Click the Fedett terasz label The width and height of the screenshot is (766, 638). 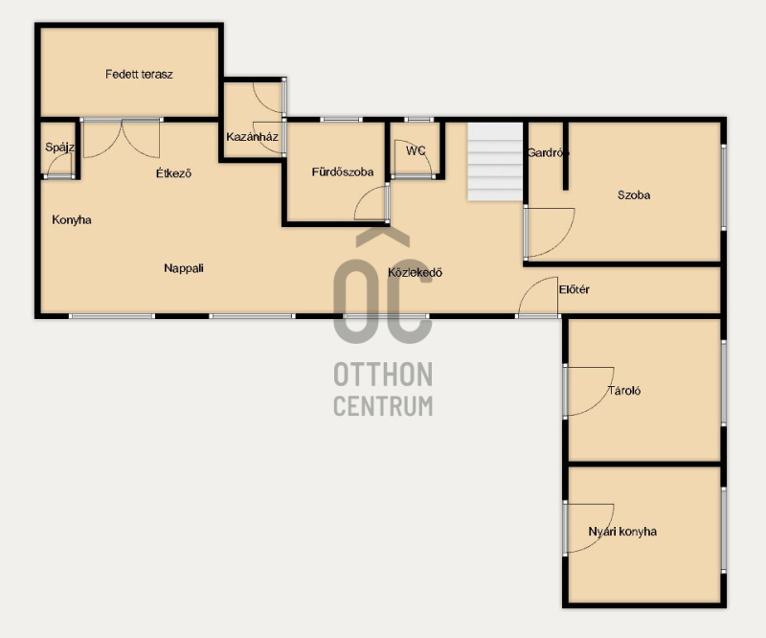pyautogui.click(x=139, y=75)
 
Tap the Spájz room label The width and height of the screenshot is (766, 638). pyautogui.click(x=59, y=148)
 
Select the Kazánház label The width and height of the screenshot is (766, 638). pyautogui.click(x=252, y=136)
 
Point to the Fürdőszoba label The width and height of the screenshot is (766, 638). pyautogui.click(x=343, y=172)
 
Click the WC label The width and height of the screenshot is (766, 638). pyautogui.click(x=416, y=151)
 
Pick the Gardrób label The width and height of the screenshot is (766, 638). pyautogui.click(x=548, y=153)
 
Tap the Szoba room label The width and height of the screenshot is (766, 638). pyautogui.click(x=634, y=195)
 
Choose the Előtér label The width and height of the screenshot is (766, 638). pyautogui.click(x=574, y=289)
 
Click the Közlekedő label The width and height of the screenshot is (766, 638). pyautogui.click(x=415, y=272)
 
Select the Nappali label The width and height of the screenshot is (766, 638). pyautogui.click(x=184, y=268)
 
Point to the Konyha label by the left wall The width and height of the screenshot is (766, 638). pyautogui.click(x=72, y=220)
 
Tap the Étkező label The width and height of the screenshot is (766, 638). pyautogui.click(x=173, y=173)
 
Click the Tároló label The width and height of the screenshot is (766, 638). pyautogui.click(x=624, y=391)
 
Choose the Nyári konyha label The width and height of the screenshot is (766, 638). pyautogui.click(x=622, y=532)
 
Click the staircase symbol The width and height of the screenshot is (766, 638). pyautogui.click(x=495, y=161)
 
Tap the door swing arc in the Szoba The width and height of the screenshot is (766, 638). pyautogui.click(x=567, y=240)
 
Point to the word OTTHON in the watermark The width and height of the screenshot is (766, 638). pyautogui.click(x=383, y=375)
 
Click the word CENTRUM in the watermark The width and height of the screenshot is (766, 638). pyautogui.click(x=383, y=406)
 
